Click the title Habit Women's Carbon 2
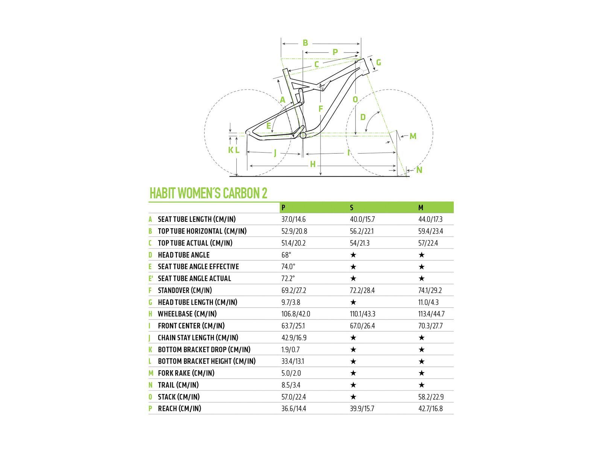tap(208, 193)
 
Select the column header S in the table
tap(351, 208)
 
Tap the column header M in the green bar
tap(421, 208)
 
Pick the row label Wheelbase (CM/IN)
tap(187, 314)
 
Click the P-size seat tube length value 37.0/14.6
tap(293, 219)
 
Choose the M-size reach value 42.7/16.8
tap(430, 409)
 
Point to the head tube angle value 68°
tap(286, 255)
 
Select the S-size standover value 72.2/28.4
tap(362, 290)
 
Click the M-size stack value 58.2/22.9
tap(431, 397)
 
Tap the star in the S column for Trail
tap(353, 385)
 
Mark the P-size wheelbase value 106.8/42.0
tap(296, 314)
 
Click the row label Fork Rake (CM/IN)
tap(186, 373)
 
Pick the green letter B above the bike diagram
tap(305, 43)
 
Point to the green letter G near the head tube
tap(379, 62)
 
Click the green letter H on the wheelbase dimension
tap(313, 164)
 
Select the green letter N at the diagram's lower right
tap(419, 170)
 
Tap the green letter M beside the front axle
tap(413, 136)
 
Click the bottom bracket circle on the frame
tap(303, 135)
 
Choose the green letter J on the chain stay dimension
tap(275, 153)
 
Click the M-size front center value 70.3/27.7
tap(430, 326)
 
